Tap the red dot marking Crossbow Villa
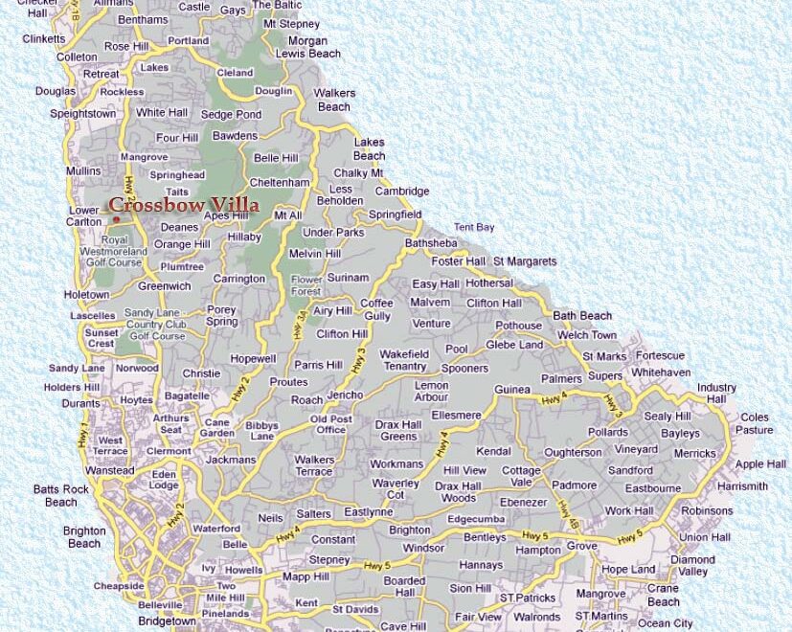(x=116, y=219)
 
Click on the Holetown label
(x=87, y=295)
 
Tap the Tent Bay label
(x=474, y=227)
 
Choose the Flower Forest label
(x=306, y=284)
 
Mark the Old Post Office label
(x=331, y=424)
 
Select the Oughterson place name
(x=573, y=452)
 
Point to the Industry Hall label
(x=716, y=393)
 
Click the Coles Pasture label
(x=755, y=423)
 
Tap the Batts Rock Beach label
(x=61, y=495)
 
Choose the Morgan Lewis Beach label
(x=308, y=48)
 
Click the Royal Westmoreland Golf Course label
(x=113, y=251)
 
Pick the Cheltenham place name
(x=279, y=182)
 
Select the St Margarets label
(x=525, y=261)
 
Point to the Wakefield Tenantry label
(x=403, y=360)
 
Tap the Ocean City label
(x=666, y=623)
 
